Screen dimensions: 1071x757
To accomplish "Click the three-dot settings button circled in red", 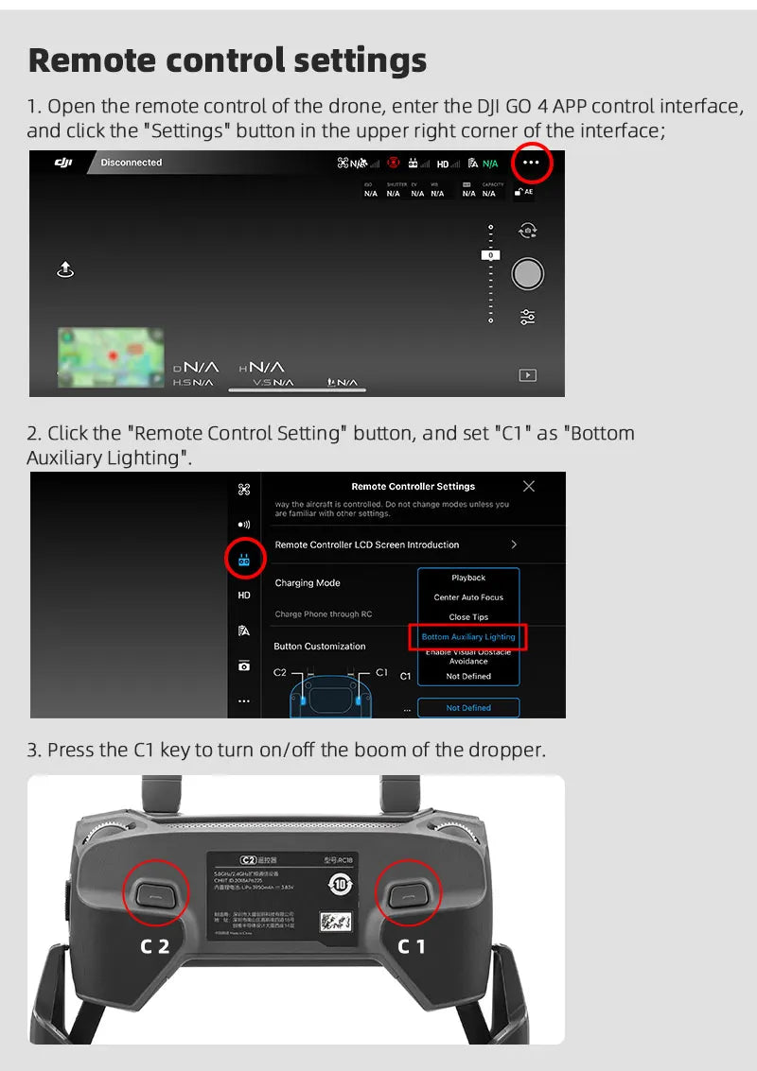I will click(x=531, y=163).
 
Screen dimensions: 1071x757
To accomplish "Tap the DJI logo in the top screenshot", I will click(x=62, y=163).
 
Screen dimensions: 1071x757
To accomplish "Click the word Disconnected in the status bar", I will click(x=132, y=163).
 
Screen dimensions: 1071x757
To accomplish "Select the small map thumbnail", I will click(x=110, y=356).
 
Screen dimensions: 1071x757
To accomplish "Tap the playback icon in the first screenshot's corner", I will click(x=528, y=375).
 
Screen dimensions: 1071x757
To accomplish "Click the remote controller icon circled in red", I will click(x=244, y=561).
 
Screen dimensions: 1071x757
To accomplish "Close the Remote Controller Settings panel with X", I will click(x=529, y=486).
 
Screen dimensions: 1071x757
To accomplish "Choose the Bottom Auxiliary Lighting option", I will click(x=468, y=637).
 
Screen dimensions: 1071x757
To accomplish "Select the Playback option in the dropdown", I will click(x=468, y=578).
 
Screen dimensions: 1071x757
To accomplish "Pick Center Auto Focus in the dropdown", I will click(x=468, y=597).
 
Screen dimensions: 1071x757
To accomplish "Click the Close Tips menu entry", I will click(x=468, y=617).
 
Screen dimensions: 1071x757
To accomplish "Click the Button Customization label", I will click(x=319, y=647).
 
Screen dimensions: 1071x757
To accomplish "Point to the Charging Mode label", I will click(x=308, y=583).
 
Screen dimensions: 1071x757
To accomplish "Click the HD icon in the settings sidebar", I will click(x=244, y=596).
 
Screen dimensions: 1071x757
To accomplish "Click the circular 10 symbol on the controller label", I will click(x=340, y=886).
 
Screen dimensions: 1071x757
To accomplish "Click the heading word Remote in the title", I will click(x=92, y=60).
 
